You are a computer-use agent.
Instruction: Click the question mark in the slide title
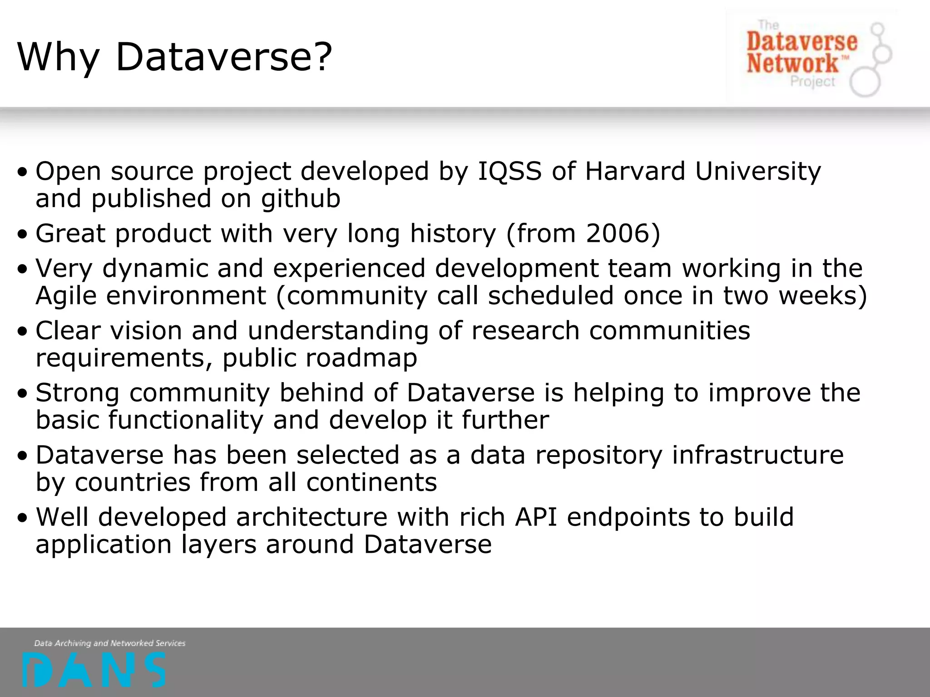[324, 57]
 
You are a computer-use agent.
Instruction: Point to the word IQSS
[510, 171]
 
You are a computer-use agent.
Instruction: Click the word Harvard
[635, 171]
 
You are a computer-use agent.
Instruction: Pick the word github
[300, 199]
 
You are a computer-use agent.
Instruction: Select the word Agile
[66, 296]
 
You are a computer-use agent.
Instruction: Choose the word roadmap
[361, 358]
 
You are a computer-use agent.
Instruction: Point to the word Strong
[78, 393]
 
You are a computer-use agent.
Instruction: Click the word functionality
[186, 420]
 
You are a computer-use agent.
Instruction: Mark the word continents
[371, 482]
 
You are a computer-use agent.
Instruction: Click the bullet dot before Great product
[23, 235]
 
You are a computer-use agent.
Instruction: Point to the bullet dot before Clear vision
[23, 332]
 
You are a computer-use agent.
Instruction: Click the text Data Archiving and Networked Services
[110, 643]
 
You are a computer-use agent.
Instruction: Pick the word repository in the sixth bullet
[599, 455]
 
